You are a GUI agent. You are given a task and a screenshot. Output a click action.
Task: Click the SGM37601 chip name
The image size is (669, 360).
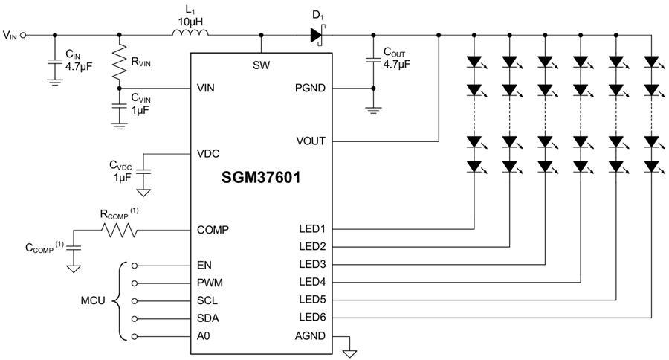(x=260, y=180)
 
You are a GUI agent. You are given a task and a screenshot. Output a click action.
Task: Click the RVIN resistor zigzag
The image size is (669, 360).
(x=118, y=63)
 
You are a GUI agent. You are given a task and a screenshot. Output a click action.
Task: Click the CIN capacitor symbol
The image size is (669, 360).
(x=54, y=64)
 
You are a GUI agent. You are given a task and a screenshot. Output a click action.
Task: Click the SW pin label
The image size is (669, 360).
(x=261, y=65)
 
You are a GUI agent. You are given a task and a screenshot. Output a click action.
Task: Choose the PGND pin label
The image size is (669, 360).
(x=309, y=88)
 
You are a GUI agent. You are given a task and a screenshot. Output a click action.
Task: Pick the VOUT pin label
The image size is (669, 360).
(x=309, y=141)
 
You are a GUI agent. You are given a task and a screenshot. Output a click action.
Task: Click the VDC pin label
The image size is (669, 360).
(x=208, y=154)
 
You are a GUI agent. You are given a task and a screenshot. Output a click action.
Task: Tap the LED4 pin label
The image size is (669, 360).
(x=311, y=283)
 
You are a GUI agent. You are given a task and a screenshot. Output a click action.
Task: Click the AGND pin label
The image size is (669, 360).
(x=309, y=336)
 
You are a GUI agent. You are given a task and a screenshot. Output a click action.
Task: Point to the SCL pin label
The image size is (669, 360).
(x=208, y=300)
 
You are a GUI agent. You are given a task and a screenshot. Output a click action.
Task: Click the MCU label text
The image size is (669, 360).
(x=93, y=300)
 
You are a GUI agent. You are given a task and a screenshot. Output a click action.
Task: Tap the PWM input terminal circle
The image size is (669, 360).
(x=134, y=283)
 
